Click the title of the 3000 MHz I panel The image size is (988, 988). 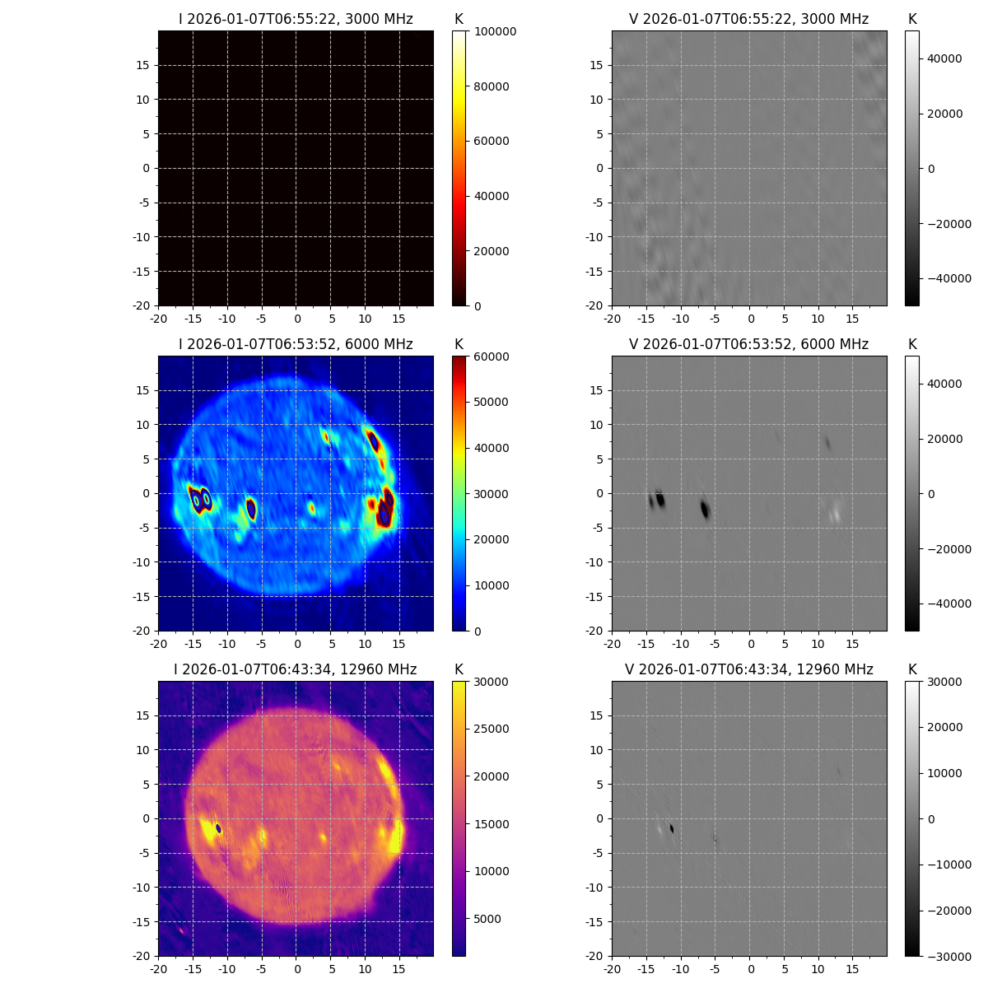click(296, 19)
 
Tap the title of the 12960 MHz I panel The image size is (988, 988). click(296, 669)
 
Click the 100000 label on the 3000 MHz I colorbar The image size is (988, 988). click(496, 31)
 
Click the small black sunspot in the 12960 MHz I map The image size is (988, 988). click(218, 828)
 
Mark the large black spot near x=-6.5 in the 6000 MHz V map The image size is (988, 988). click(705, 509)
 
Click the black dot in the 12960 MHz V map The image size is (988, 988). click(672, 828)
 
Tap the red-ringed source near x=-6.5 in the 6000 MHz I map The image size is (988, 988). click(251, 510)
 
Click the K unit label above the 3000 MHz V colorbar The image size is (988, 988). click(912, 19)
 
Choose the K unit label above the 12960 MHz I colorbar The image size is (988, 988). click(459, 669)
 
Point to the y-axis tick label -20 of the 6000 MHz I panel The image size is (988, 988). click(142, 631)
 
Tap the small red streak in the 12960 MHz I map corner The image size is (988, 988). click(181, 930)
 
